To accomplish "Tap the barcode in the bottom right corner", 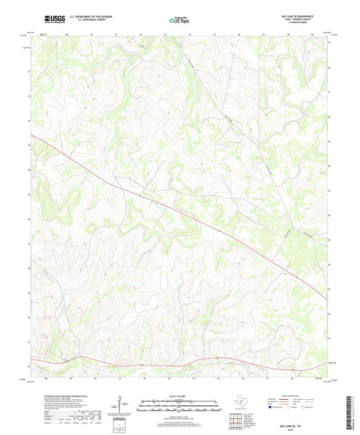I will pos(352,412).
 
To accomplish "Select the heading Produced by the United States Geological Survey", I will pos(66,395).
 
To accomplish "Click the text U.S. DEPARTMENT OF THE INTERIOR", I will pos(93,15).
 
